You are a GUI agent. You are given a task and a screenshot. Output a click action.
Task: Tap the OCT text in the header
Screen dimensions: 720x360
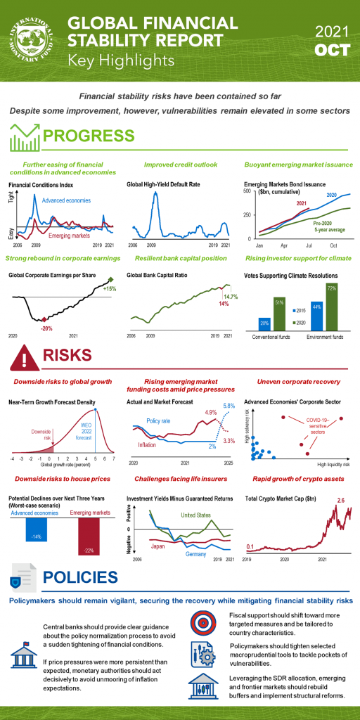(x=328, y=51)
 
